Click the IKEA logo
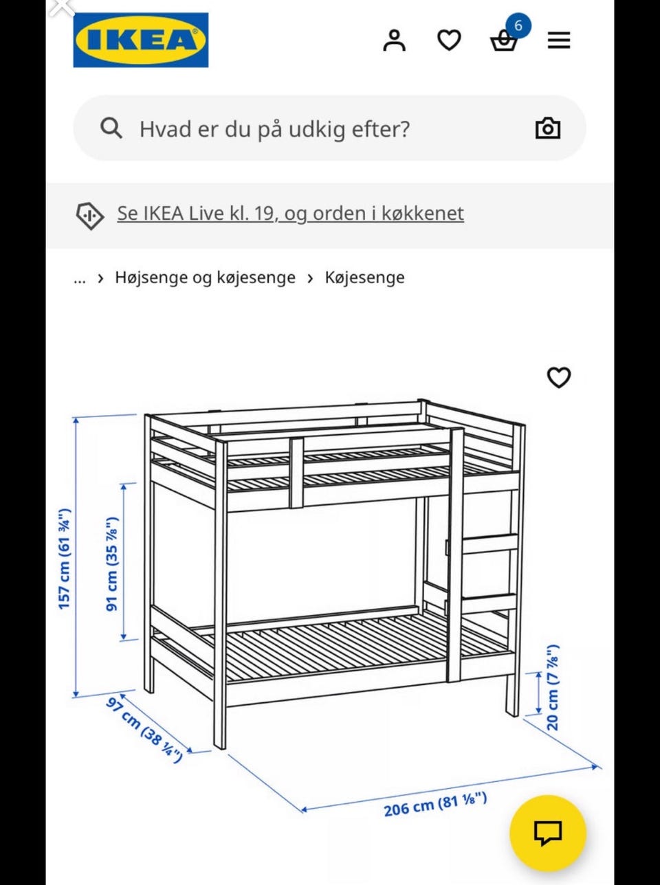pos(141,40)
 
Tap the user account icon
pos(395,41)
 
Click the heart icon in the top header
pos(449,41)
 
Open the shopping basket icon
pos(503,43)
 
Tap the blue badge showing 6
pos(518,26)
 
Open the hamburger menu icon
pos(559,41)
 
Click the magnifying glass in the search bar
pos(111,128)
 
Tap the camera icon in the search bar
pos(547,128)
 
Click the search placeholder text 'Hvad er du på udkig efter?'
pos(274,128)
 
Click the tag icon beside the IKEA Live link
pos(90,215)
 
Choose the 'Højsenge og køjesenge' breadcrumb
pos(205,278)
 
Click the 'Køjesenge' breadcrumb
pos(364,278)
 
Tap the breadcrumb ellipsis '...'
pos(80,278)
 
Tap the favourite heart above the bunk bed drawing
pos(558,377)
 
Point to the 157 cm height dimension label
pos(64,559)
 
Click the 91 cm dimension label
pos(111,563)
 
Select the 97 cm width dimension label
pos(144,730)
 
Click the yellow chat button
pos(547,833)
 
